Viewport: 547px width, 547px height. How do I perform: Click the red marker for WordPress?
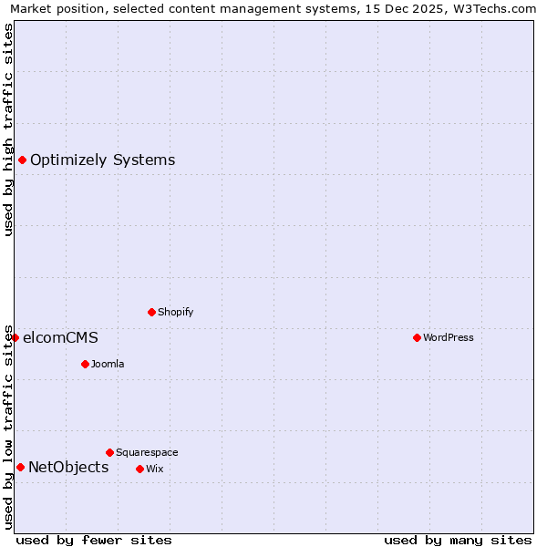[x=417, y=337]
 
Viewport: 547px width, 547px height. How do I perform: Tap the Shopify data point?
[x=151, y=312]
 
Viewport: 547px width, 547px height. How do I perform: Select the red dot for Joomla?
[x=85, y=364]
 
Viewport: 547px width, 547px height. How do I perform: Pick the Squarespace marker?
[x=109, y=452]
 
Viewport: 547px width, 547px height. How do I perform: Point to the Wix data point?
[x=139, y=469]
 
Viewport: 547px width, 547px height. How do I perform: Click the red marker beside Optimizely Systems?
[x=22, y=160]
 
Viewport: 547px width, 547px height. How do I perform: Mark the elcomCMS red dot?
[x=15, y=337]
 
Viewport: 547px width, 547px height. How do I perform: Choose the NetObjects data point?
[x=20, y=468]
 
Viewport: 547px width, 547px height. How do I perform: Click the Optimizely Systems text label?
[x=102, y=160]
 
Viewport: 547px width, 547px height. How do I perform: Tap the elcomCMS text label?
[x=60, y=337]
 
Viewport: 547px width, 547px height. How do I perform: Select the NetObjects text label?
[x=68, y=468]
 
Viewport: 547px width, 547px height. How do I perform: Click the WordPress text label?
[x=449, y=337]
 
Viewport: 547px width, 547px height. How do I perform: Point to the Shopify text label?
[x=176, y=312]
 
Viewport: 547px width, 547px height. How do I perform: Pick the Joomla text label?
[x=108, y=364]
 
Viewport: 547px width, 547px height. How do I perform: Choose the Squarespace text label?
[x=147, y=452]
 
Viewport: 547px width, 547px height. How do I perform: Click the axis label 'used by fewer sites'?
[x=94, y=540]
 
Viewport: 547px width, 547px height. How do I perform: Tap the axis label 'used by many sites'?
[x=458, y=540]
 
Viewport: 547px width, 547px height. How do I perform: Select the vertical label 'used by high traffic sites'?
[x=8, y=129]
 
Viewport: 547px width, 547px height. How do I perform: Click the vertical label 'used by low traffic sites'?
[x=8, y=427]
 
